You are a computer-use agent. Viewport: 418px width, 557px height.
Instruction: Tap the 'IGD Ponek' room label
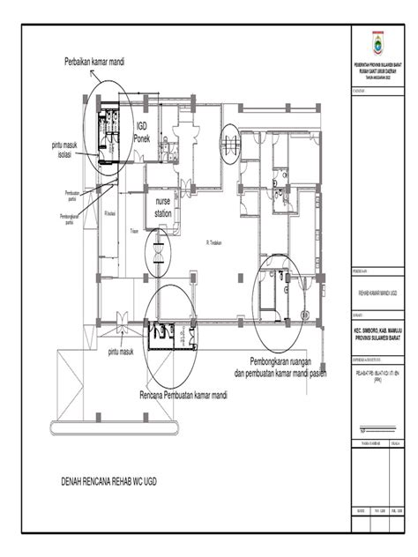pyautogui.click(x=142, y=133)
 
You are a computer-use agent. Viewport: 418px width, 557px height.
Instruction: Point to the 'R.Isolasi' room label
pyautogui.click(x=111, y=213)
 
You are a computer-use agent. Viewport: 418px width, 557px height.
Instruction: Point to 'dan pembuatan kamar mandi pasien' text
pyautogui.click(x=273, y=373)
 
